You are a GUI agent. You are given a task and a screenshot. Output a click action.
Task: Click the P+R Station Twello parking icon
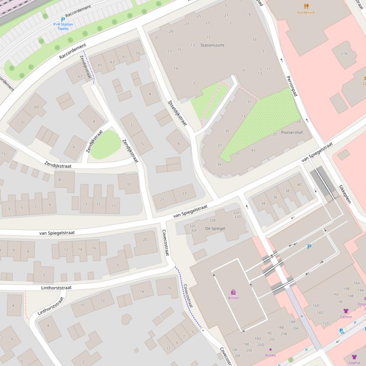(x=63, y=19)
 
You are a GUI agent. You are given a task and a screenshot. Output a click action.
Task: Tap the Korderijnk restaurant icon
(x=306, y=6)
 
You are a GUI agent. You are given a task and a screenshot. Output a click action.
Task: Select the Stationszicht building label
(x=213, y=45)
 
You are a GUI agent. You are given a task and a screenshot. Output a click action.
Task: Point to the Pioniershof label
(x=292, y=133)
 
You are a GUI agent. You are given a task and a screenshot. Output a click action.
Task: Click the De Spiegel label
(x=215, y=229)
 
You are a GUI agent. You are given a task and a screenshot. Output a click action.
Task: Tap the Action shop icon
(x=233, y=292)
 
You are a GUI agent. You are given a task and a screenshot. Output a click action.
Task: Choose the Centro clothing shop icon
(x=346, y=311)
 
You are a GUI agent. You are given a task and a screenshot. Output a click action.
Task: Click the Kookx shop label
(x=270, y=355)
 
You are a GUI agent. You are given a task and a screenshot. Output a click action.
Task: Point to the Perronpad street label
(x=291, y=86)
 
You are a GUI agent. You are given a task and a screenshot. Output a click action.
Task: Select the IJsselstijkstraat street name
(x=178, y=113)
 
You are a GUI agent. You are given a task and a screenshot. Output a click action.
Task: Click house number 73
(x=3, y=154)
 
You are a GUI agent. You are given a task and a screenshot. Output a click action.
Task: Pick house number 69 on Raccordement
(x=36, y=107)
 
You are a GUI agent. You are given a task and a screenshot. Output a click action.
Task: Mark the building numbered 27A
(x=344, y=54)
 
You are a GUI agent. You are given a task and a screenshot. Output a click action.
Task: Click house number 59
(x=138, y=53)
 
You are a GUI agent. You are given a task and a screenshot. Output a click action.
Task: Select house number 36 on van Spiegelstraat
(x=275, y=197)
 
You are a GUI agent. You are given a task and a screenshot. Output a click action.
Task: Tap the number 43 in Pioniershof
(x=253, y=151)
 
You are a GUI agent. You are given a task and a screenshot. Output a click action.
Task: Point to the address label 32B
(x=212, y=221)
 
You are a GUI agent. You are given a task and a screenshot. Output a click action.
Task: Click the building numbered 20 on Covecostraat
(x=145, y=240)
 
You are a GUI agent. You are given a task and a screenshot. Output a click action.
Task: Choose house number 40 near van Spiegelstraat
(x=299, y=184)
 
